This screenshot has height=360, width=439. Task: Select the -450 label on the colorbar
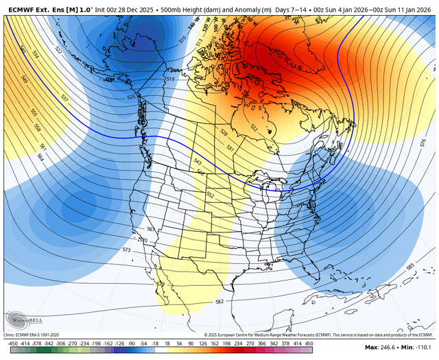pos(12,342)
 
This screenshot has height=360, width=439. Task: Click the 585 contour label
pos(410,266)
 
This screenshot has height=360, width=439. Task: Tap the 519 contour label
pos(171,80)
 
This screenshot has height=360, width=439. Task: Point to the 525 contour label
pos(131,97)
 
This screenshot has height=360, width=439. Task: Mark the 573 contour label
pos(126,250)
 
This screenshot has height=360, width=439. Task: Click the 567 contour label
pos(151,229)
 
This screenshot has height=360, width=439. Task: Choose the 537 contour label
pos(65,97)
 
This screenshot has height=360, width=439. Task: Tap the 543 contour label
pos(198,161)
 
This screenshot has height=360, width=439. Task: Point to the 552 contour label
pos(211,195)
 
